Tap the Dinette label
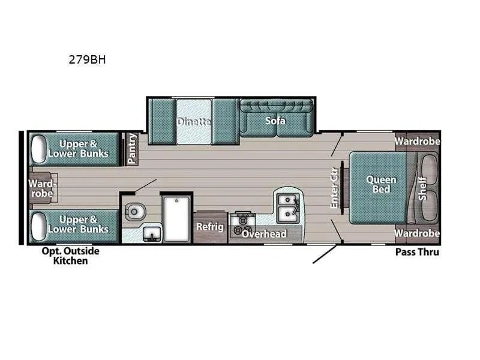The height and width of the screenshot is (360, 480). pos(194,122)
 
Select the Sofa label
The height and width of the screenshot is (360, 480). pos(275,121)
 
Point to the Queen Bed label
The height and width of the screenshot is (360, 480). pos(381,184)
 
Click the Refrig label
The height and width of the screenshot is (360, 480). pos(210,226)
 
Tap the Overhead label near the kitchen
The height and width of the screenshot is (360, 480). pos(264,233)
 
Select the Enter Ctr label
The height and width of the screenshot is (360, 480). pos(335,188)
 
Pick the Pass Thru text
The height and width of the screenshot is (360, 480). pos(417,252)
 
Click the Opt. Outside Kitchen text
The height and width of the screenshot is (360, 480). pos(71,256)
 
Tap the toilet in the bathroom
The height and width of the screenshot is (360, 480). pos(134,210)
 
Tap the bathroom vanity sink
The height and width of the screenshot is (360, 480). pos(151,233)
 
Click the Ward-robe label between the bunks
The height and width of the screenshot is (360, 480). pos(41,188)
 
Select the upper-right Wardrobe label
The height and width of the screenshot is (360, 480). pos(417,142)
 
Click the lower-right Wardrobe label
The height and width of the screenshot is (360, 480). pos(417,233)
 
